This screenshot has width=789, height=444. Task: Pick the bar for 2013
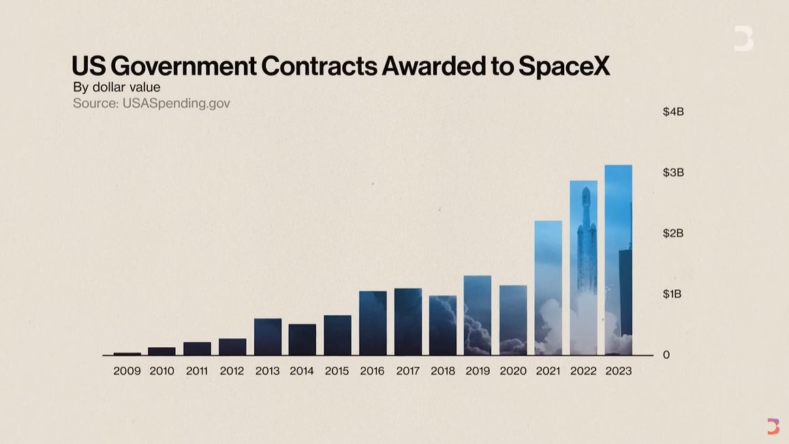tap(267, 336)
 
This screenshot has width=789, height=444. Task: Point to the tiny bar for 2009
tap(127, 353)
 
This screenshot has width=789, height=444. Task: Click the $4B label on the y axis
tap(673, 112)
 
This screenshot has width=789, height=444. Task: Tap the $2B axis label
tap(673, 233)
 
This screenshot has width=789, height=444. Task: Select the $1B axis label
tap(672, 294)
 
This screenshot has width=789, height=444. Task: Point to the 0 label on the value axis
tap(666, 355)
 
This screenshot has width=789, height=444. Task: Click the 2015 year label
tap(337, 371)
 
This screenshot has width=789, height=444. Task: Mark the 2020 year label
tap(513, 371)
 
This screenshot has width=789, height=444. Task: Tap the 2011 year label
tap(197, 371)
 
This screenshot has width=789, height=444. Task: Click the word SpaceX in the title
tap(563, 66)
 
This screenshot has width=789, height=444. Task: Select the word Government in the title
tap(183, 66)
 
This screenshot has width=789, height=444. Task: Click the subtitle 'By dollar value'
tap(117, 87)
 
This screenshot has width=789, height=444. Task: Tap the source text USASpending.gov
tap(176, 103)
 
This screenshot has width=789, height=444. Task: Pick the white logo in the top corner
tap(743, 38)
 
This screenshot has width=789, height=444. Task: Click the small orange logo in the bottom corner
tap(773, 426)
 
